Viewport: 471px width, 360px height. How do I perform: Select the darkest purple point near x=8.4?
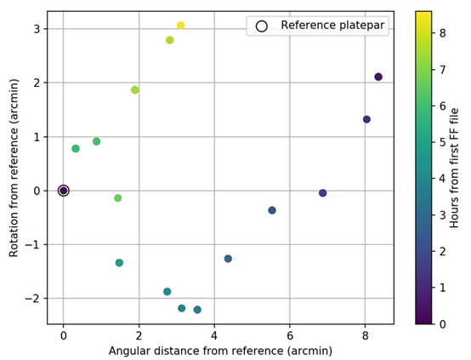(x=378, y=77)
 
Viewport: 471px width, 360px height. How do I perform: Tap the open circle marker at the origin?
(x=63, y=191)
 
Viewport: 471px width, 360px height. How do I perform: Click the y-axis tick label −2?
(x=33, y=299)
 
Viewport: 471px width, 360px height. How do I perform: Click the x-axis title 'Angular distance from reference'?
(x=220, y=351)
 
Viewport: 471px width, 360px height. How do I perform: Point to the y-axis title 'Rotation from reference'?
(x=14, y=168)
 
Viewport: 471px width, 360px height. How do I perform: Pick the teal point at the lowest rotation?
(x=197, y=310)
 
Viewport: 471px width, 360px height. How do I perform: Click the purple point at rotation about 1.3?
(x=366, y=119)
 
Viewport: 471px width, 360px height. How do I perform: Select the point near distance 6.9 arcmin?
(x=322, y=193)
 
